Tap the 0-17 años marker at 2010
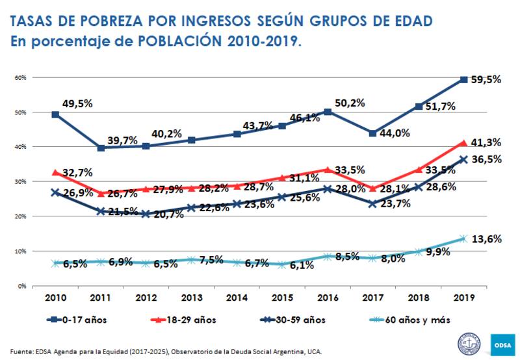click(x=56, y=114)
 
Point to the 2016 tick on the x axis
click(x=328, y=298)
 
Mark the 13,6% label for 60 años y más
click(x=489, y=238)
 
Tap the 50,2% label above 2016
click(x=350, y=102)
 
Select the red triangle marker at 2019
click(x=463, y=142)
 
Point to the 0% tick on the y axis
click(x=21, y=286)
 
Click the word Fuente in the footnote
click(x=21, y=352)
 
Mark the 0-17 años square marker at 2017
click(x=372, y=133)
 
